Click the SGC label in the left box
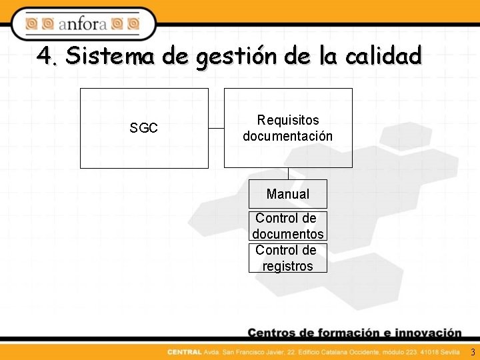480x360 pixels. pyautogui.click(x=143, y=128)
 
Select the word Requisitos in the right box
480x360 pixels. pyautogui.click(x=288, y=120)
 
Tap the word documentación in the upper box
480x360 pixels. pyautogui.click(x=288, y=136)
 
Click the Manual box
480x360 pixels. pyautogui.click(x=288, y=194)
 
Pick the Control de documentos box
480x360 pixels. pyautogui.click(x=288, y=226)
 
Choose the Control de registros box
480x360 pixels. pyautogui.click(x=288, y=258)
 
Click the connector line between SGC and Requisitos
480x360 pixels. pyautogui.click(x=216, y=128)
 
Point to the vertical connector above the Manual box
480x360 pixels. pyautogui.click(x=288, y=173)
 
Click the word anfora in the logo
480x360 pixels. pyautogui.click(x=82, y=25)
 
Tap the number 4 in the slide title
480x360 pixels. pyautogui.click(x=45, y=56)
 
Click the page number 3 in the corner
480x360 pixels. pyautogui.click(x=473, y=352)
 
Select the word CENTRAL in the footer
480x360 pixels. pyautogui.click(x=183, y=352)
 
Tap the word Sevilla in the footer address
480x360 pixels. pyautogui.click(x=449, y=352)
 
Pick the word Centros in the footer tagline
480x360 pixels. pyautogui.click(x=273, y=333)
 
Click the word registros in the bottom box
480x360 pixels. pyautogui.click(x=288, y=266)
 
